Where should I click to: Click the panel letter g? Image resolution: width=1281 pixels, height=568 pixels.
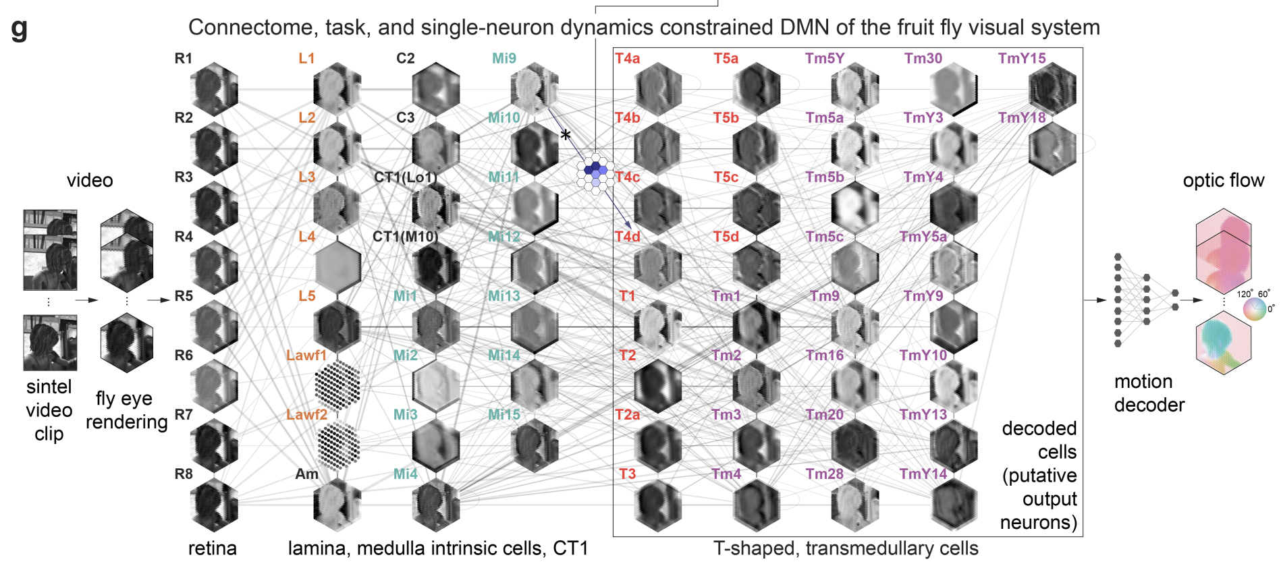pos(20,28)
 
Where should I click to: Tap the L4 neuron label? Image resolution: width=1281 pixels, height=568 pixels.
pos(306,237)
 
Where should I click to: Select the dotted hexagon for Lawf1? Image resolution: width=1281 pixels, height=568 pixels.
pos(337,385)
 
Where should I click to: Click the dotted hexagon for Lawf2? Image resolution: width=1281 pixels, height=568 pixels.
pos(337,445)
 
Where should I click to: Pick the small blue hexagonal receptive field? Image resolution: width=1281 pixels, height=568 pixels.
pos(595,173)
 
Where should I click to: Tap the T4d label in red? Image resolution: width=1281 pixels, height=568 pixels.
pos(627,237)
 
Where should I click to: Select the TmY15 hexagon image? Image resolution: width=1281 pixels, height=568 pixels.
pos(1052,88)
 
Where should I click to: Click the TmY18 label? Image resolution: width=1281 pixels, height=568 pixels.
pos(1021,118)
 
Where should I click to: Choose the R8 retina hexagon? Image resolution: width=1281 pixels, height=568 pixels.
pos(214,505)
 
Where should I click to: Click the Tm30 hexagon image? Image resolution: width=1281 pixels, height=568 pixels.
pos(953,88)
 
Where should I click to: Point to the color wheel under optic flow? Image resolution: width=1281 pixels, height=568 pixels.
pos(1255,310)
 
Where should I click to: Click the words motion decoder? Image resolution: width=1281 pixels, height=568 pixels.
pos(1149,393)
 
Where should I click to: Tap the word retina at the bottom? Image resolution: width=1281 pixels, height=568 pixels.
pos(212,548)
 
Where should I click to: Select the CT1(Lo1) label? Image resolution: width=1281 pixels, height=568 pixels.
pos(405,177)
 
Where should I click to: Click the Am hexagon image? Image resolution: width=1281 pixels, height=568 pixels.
pos(337,505)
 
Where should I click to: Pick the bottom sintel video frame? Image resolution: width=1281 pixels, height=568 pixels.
pos(50,343)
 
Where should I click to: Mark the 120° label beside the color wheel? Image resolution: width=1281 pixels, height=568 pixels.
pos(1244,293)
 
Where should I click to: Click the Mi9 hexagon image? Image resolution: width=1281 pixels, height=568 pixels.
pos(534,88)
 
